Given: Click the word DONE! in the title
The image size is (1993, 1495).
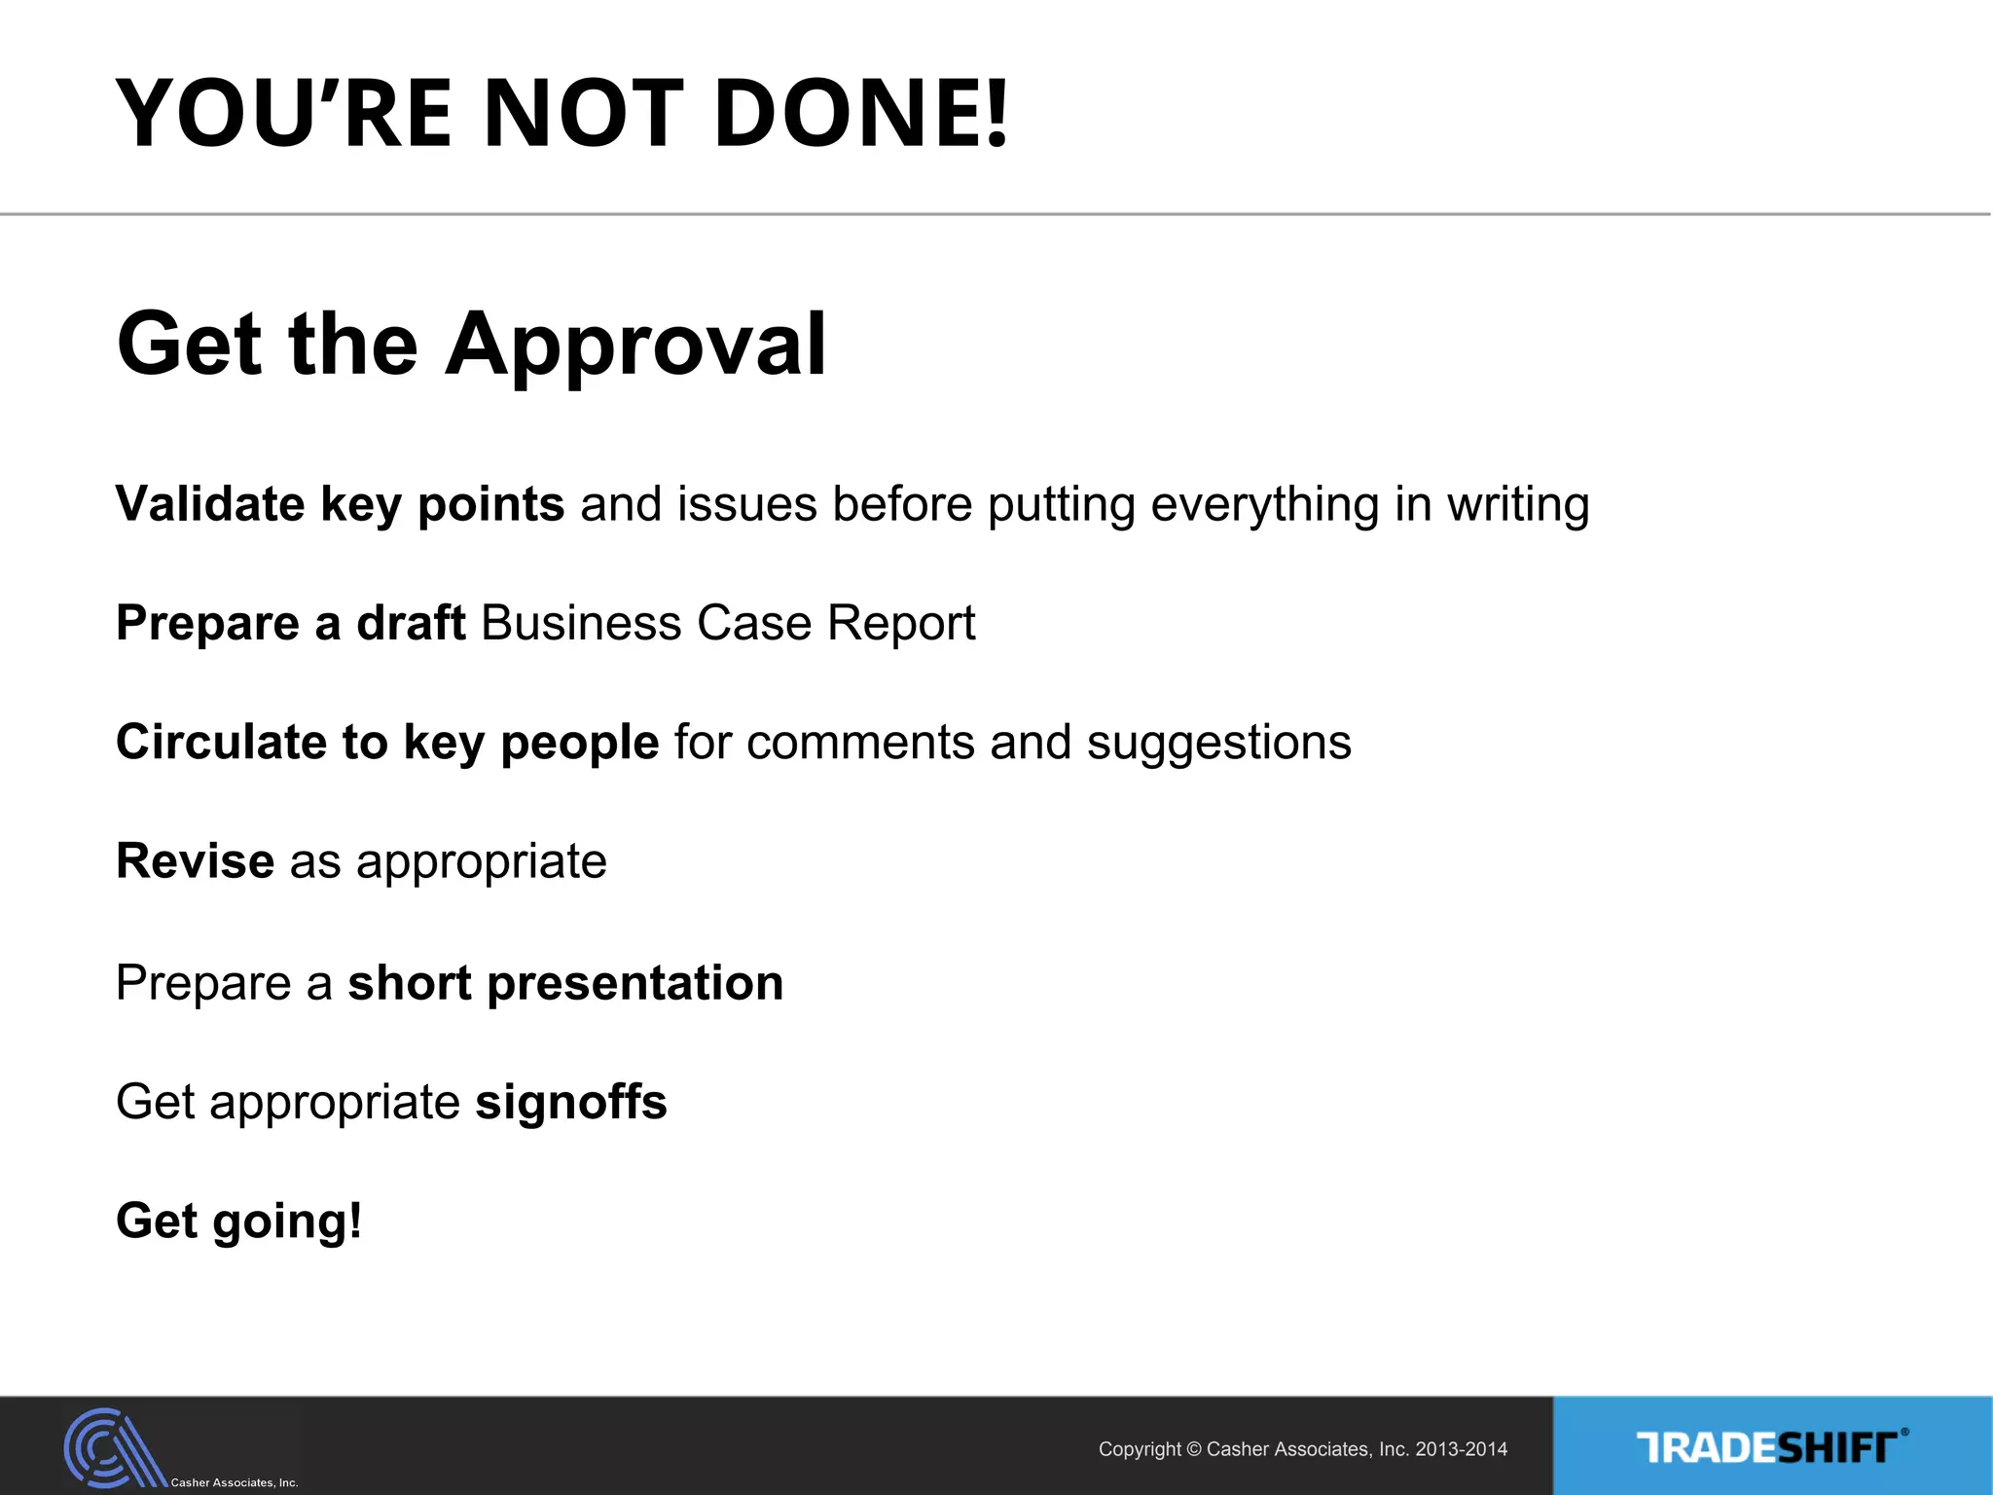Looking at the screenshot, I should click(862, 114).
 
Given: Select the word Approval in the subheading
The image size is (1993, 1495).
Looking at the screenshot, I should click(636, 346).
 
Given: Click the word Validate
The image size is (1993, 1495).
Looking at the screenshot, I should click(210, 504).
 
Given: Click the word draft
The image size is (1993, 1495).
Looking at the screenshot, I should click(411, 623).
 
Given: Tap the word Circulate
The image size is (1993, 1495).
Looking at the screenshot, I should click(221, 742).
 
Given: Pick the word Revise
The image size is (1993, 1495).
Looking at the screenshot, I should click(195, 861).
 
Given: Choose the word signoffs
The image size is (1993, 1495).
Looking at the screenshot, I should click(571, 1103).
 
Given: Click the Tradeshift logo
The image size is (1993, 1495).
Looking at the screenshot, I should click(1771, 1447).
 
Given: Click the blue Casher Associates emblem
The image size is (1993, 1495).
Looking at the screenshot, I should click(112, 1448).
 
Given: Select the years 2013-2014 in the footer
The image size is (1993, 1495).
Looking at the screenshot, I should click(1461, 1449).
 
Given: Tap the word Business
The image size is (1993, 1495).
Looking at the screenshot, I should click(581, 623).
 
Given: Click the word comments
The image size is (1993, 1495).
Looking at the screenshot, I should click(860, 743).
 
